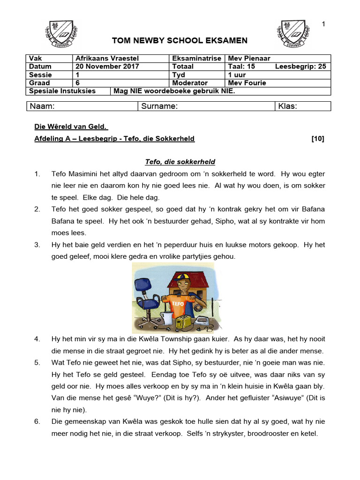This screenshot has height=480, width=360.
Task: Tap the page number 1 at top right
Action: (323, 24)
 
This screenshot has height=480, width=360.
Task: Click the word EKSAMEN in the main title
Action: (226, 41)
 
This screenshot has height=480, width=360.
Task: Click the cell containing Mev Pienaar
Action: (249, 58)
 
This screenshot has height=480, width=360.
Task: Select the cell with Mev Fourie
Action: (247, 83)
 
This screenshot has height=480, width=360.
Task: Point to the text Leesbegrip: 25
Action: (300, 67)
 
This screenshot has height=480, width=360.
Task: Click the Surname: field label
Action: (159, 106)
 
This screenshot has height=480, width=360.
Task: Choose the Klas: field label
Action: (287, 106)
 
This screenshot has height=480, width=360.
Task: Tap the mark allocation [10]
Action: (317, 139)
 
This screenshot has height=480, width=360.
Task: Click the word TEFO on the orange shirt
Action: (178, 303)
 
